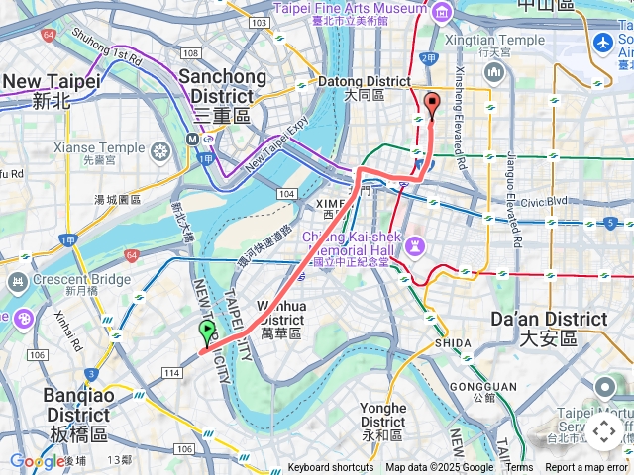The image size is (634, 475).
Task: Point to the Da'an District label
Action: click(550, 328)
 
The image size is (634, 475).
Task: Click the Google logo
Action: click(37, 460)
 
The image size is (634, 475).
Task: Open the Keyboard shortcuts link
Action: click(331, 468)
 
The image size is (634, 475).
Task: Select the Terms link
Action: click(519, 468)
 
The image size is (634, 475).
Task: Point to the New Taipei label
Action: click(52, 90)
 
